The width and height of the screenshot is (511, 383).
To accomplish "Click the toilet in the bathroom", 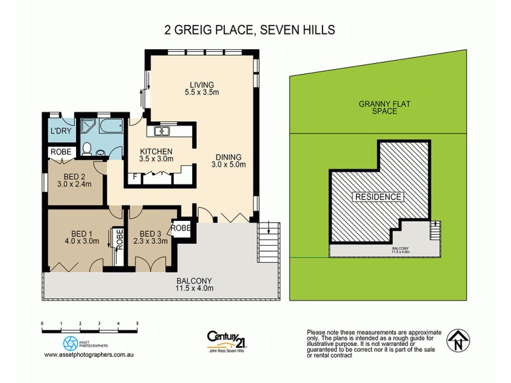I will tap(88, 149).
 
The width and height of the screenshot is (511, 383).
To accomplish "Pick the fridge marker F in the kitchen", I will tap(135, 177).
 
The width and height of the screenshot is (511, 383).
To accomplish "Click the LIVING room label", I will tap(201, 85).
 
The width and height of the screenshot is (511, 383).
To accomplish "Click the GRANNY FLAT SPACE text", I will tap(378, 107).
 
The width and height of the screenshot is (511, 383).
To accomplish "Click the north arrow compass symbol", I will tap(457, 341).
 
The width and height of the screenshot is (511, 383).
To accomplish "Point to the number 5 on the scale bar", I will tap(137, 324).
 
